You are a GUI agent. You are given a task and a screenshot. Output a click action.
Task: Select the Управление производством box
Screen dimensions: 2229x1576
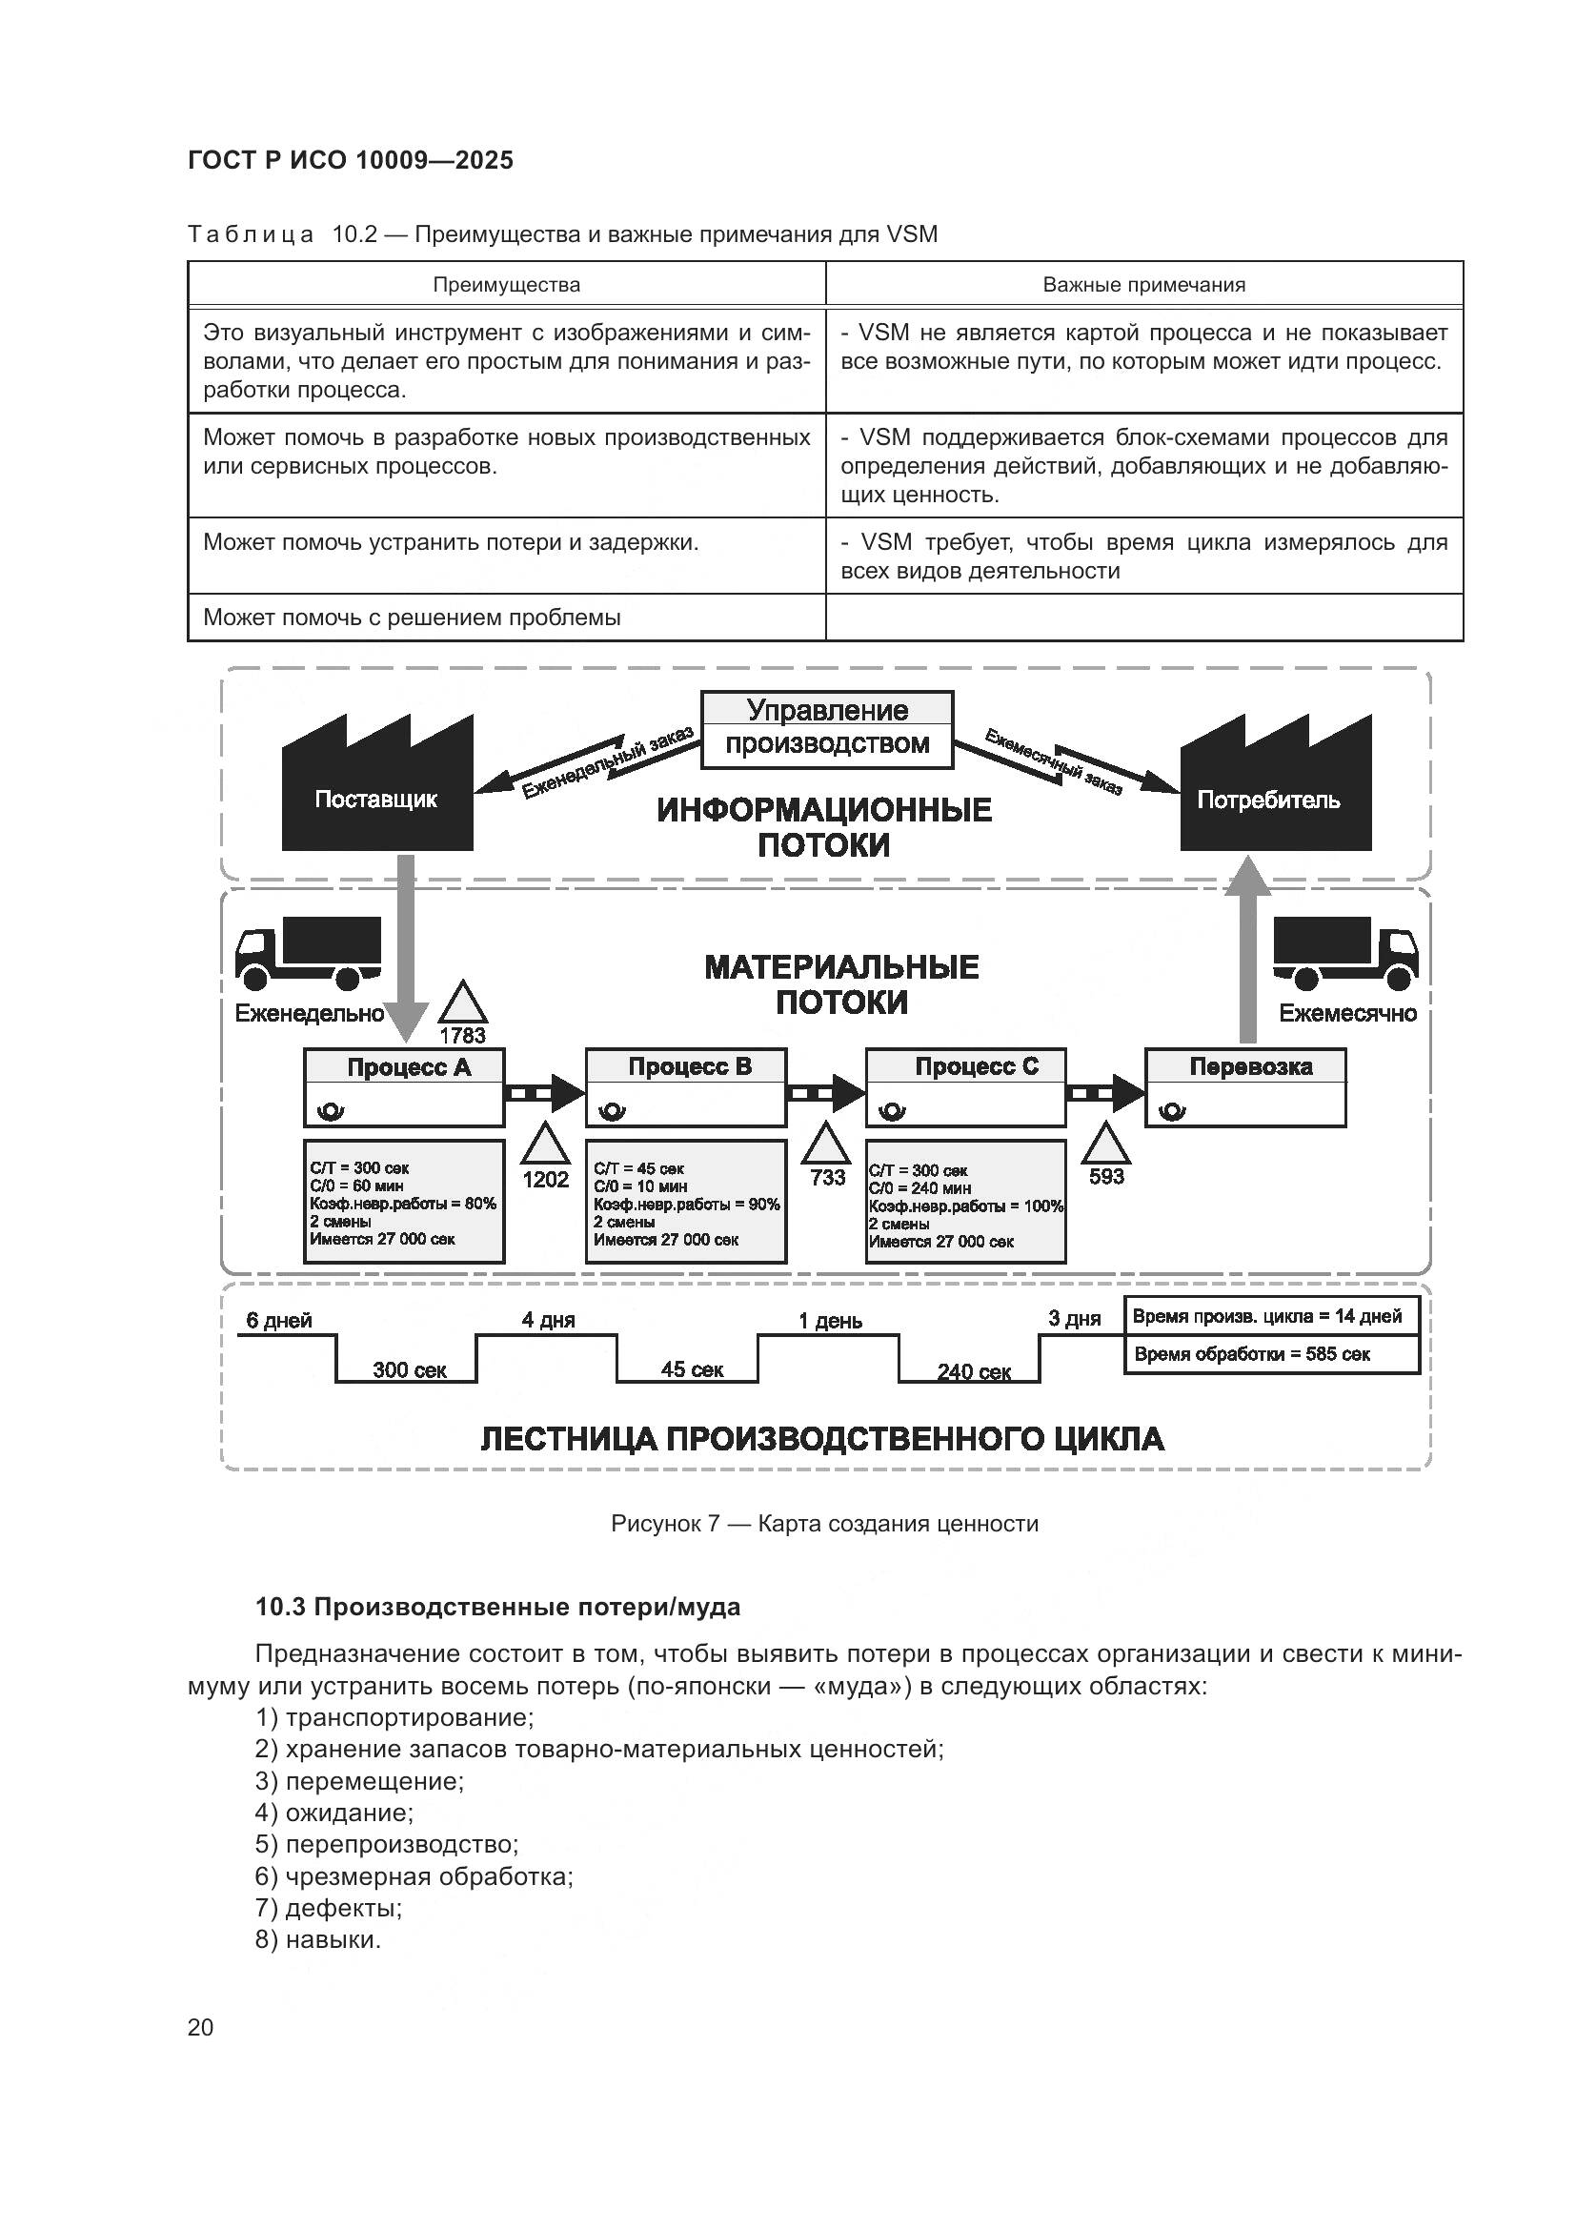827,728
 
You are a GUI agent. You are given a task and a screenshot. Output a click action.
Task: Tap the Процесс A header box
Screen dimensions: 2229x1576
405,1067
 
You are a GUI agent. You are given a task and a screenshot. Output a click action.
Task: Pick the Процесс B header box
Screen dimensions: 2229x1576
686,1067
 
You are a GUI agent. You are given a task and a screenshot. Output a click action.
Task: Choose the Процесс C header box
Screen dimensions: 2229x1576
965,1067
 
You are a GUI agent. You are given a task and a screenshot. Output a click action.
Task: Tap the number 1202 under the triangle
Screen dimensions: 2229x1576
545,1179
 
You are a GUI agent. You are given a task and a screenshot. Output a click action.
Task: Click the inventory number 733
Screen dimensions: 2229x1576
827,1178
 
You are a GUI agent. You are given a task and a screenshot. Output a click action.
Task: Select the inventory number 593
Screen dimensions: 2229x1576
1106,1177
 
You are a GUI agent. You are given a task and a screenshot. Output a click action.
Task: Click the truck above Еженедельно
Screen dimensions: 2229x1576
309,950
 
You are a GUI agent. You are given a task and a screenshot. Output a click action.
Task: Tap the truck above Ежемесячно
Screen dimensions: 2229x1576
1345,950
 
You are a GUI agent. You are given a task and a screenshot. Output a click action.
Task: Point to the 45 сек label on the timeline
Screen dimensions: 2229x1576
692,1368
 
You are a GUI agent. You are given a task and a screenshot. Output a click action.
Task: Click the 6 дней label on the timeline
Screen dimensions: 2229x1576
278,1320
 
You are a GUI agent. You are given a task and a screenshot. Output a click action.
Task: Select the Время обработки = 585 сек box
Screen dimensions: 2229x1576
1271,1354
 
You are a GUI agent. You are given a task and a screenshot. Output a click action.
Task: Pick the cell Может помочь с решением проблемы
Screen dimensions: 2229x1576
412,618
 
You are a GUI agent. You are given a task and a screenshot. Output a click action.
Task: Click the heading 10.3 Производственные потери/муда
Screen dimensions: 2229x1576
496,1607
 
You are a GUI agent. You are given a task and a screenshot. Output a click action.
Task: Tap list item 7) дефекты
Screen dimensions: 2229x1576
329,1908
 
